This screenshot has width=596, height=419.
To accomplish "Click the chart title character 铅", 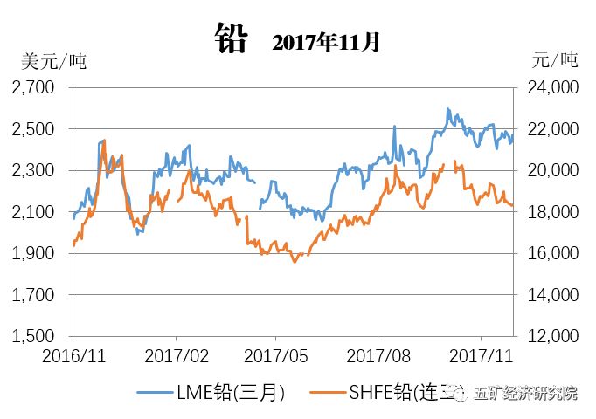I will (232, 39).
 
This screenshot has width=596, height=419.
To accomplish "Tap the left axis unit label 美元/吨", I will (53, 62).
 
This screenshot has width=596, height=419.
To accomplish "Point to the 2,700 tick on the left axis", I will (33, 87).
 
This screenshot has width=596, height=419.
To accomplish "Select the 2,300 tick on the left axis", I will (33, 170).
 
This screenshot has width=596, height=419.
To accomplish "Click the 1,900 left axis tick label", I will (33, 253).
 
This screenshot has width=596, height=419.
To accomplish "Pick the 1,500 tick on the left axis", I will (33, 336).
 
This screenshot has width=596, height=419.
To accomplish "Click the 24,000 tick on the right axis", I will (551, 87).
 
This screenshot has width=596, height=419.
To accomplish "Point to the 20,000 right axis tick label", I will (551, 170).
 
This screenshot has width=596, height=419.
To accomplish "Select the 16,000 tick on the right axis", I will (551, 253).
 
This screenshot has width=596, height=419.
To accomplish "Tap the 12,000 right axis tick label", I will (551, 336).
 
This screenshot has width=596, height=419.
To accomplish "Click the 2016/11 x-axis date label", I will (73, 356).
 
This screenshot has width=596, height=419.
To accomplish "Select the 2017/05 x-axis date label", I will (276, 356).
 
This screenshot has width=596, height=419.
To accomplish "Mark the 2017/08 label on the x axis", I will (378, 356).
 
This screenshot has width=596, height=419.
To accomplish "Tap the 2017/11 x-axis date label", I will (479, 356).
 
